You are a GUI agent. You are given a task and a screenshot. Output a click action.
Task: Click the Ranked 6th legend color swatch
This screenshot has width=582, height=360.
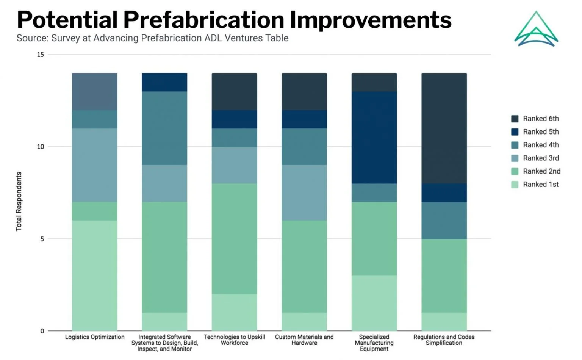[x=515, y=119]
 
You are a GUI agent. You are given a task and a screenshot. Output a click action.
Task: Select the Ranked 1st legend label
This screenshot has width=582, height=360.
[x=541, y=185]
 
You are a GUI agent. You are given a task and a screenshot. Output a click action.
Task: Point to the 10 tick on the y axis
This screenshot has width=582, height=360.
[x=41, y=147]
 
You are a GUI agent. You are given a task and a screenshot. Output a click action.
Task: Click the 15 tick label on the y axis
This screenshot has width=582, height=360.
[x=41, y=55]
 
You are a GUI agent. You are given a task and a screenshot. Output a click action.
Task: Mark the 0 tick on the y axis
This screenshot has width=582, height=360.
[x=42, y=331]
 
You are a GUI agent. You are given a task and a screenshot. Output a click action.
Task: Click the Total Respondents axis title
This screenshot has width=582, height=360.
[x=19, y=201]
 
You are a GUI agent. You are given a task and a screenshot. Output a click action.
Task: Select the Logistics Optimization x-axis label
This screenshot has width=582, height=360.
[x=95, y=337]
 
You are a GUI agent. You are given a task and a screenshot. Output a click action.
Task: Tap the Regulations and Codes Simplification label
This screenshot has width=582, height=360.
[x=444, y=340]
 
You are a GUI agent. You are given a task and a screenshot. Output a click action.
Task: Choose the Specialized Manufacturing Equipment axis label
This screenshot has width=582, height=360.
[x=374, y=343]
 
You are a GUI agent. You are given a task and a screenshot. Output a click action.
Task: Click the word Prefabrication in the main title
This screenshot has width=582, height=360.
[x=204, y=20]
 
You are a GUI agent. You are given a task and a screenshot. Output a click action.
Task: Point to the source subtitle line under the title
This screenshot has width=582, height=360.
[x=152, y=38]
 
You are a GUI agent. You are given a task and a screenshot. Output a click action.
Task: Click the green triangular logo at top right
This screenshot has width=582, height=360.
[x=536, y=29]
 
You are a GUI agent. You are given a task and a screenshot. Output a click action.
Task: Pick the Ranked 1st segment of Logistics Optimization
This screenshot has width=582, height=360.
[x=95, y=275]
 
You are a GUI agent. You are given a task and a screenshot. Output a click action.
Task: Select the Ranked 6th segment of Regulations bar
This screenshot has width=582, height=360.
[x=444, y=128]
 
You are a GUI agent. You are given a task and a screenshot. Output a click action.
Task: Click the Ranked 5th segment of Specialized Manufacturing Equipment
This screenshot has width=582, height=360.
[x=374, y=138]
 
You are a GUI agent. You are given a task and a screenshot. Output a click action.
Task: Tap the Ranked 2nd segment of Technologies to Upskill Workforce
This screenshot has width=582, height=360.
[x=234, y=239]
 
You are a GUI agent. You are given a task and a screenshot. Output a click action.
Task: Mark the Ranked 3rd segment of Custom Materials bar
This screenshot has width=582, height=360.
[x=304, y=193]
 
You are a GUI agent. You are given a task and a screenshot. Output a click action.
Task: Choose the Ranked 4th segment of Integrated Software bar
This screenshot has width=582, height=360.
[x=164, y=128]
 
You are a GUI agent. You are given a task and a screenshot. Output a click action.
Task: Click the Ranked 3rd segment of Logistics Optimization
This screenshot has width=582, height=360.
[x=95, y=165]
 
